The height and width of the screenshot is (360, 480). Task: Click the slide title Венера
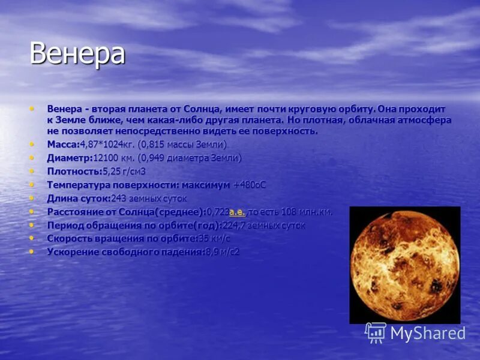[x=77, y=54]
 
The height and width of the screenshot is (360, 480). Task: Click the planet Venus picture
[x=404, y=265]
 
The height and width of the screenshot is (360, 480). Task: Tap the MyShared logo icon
[x=376, y=332]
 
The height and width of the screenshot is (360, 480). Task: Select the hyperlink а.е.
[x=238, y=212]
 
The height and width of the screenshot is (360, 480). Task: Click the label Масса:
[x=63, y=145]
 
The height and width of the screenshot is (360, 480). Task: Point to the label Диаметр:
[x=70, y=158]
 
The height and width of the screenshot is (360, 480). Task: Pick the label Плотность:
[x=74, y=172]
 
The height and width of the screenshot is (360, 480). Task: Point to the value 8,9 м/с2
[x=222, y=252]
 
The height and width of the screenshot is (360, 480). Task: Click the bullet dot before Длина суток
[x=32, y=198]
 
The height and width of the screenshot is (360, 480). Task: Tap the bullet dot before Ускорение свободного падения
[x=32, y=252]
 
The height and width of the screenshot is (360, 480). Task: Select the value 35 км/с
[x=214, y=239]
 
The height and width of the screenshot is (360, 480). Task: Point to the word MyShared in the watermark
[x=428, y=334]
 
